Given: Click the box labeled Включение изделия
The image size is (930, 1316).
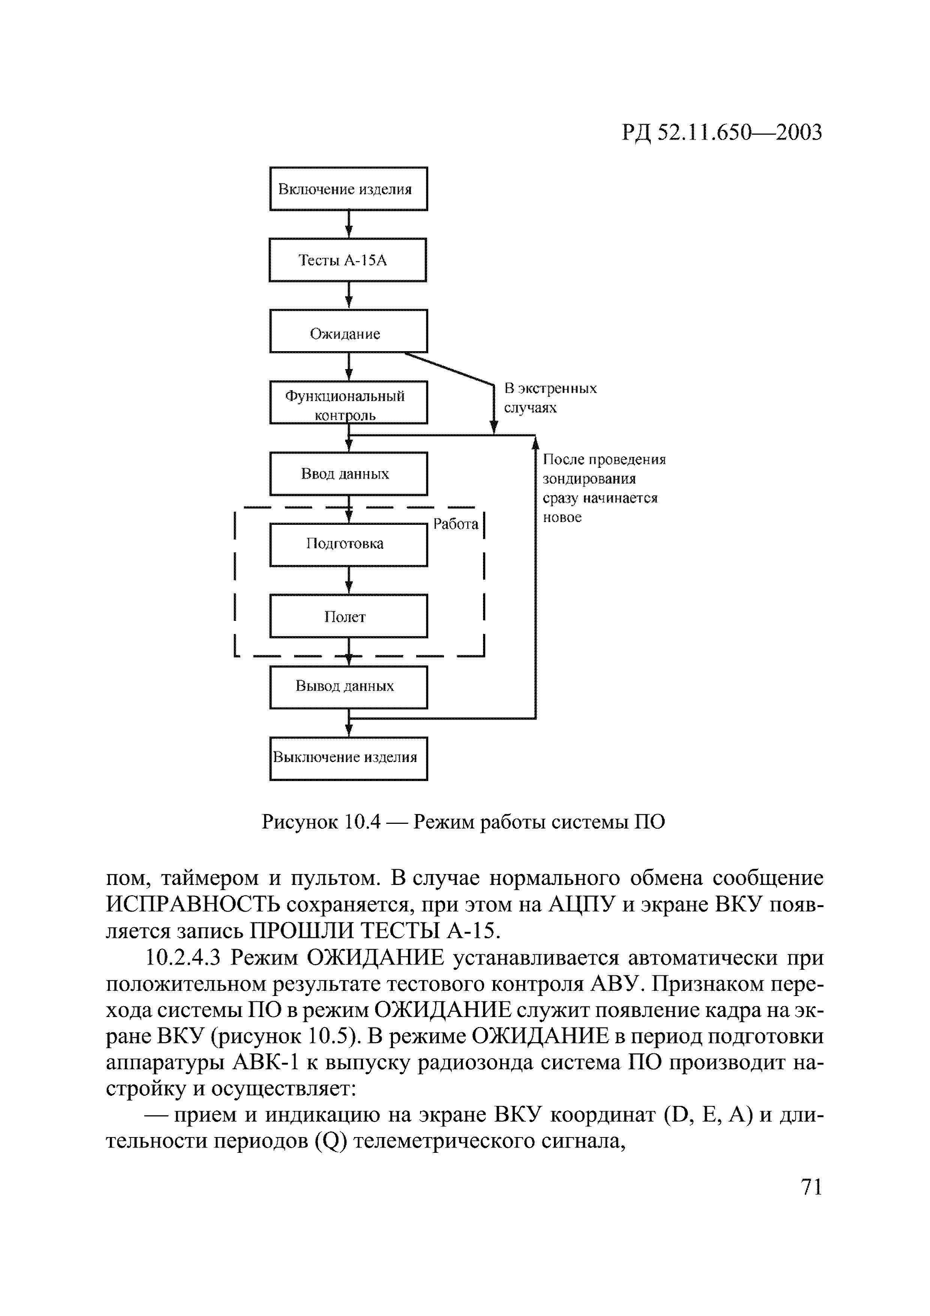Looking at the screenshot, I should (x=348, y=189).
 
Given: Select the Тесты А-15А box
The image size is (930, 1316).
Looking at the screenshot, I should (x=348, y=260).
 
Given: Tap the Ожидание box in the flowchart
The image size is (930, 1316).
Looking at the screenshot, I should (x=348, y=331).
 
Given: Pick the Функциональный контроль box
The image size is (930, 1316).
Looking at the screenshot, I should (x=348, y=403).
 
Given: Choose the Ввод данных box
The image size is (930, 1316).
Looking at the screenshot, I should (x=348, y=473).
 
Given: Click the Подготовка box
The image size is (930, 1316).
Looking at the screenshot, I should (x=348, y=544).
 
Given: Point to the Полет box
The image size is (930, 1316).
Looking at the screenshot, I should (x=348, y=616).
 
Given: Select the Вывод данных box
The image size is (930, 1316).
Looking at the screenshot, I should (x=348, y=687).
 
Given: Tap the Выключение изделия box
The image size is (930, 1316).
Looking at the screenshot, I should (x=348, y=758).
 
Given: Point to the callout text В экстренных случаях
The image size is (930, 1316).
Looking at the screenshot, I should (x=550, y=398).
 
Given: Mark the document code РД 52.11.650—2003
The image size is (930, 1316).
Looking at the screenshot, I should (x=722, y=133).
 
